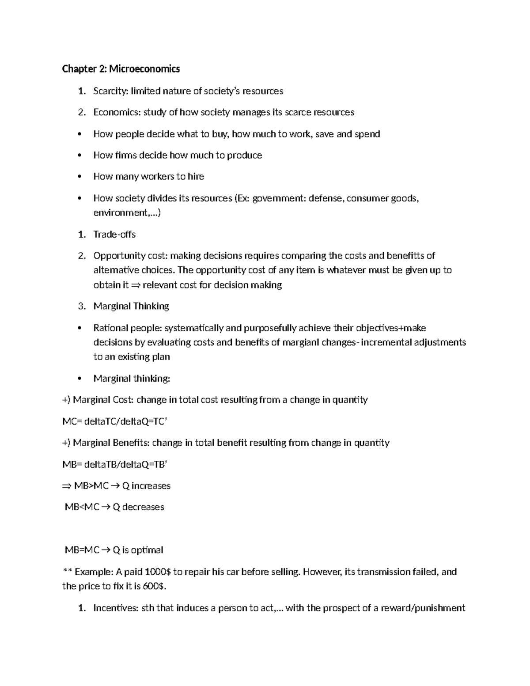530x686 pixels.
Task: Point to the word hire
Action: coord(196,177)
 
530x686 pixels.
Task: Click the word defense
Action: coord(326,198)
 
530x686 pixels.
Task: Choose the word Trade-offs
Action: coord(114,234)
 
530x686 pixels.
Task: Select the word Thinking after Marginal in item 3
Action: coord(151,306)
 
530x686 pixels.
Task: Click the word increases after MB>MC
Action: coord(151,486)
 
